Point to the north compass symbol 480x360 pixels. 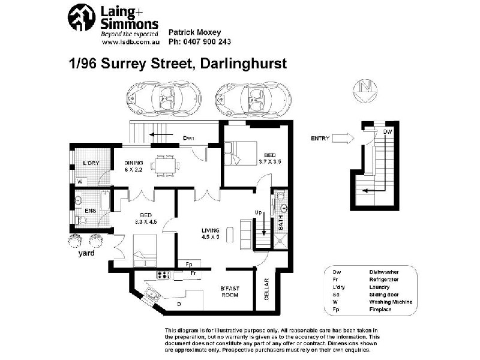pos(365,88)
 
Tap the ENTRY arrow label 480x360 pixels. pos(321,139)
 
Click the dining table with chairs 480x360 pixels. pos(164,164)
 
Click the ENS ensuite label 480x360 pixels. pos(90,211)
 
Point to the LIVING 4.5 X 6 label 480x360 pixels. pos(211,233)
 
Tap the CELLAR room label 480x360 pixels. pos(267,289)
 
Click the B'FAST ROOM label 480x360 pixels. pos(230,292)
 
